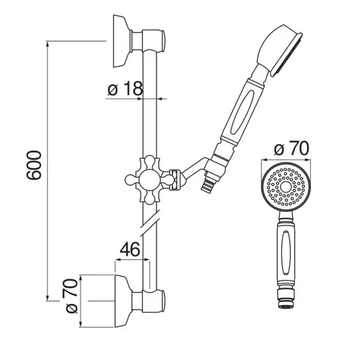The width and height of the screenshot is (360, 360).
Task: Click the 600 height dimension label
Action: coord(34,165)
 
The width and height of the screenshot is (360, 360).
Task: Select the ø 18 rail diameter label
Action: coord(125,88)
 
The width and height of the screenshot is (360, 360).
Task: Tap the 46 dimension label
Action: coord(129,249)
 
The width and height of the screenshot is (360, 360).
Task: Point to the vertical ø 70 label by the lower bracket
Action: coord(71,296)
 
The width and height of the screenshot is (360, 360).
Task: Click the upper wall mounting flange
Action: coord(122,41)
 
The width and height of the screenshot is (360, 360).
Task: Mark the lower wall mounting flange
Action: coord(123,301)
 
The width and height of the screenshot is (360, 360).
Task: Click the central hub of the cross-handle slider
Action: coord(150,180)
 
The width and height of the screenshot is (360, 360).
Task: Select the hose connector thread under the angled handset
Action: coord(207,185)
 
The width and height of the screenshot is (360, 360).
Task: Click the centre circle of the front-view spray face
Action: coord(285,187)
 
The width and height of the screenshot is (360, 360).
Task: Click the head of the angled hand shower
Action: coord(280,51)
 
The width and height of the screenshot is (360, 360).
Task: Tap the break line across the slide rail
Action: coord(150,222)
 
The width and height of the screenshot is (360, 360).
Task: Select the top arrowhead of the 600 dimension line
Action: coord(47,45)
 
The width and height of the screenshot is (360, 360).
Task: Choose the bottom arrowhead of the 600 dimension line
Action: coord(47,297)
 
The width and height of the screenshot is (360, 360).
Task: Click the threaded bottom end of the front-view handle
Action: coord(286,299)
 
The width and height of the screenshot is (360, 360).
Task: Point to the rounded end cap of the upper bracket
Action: coord(164,41)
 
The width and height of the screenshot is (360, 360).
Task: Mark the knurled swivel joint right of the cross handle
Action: coord(175,179)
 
